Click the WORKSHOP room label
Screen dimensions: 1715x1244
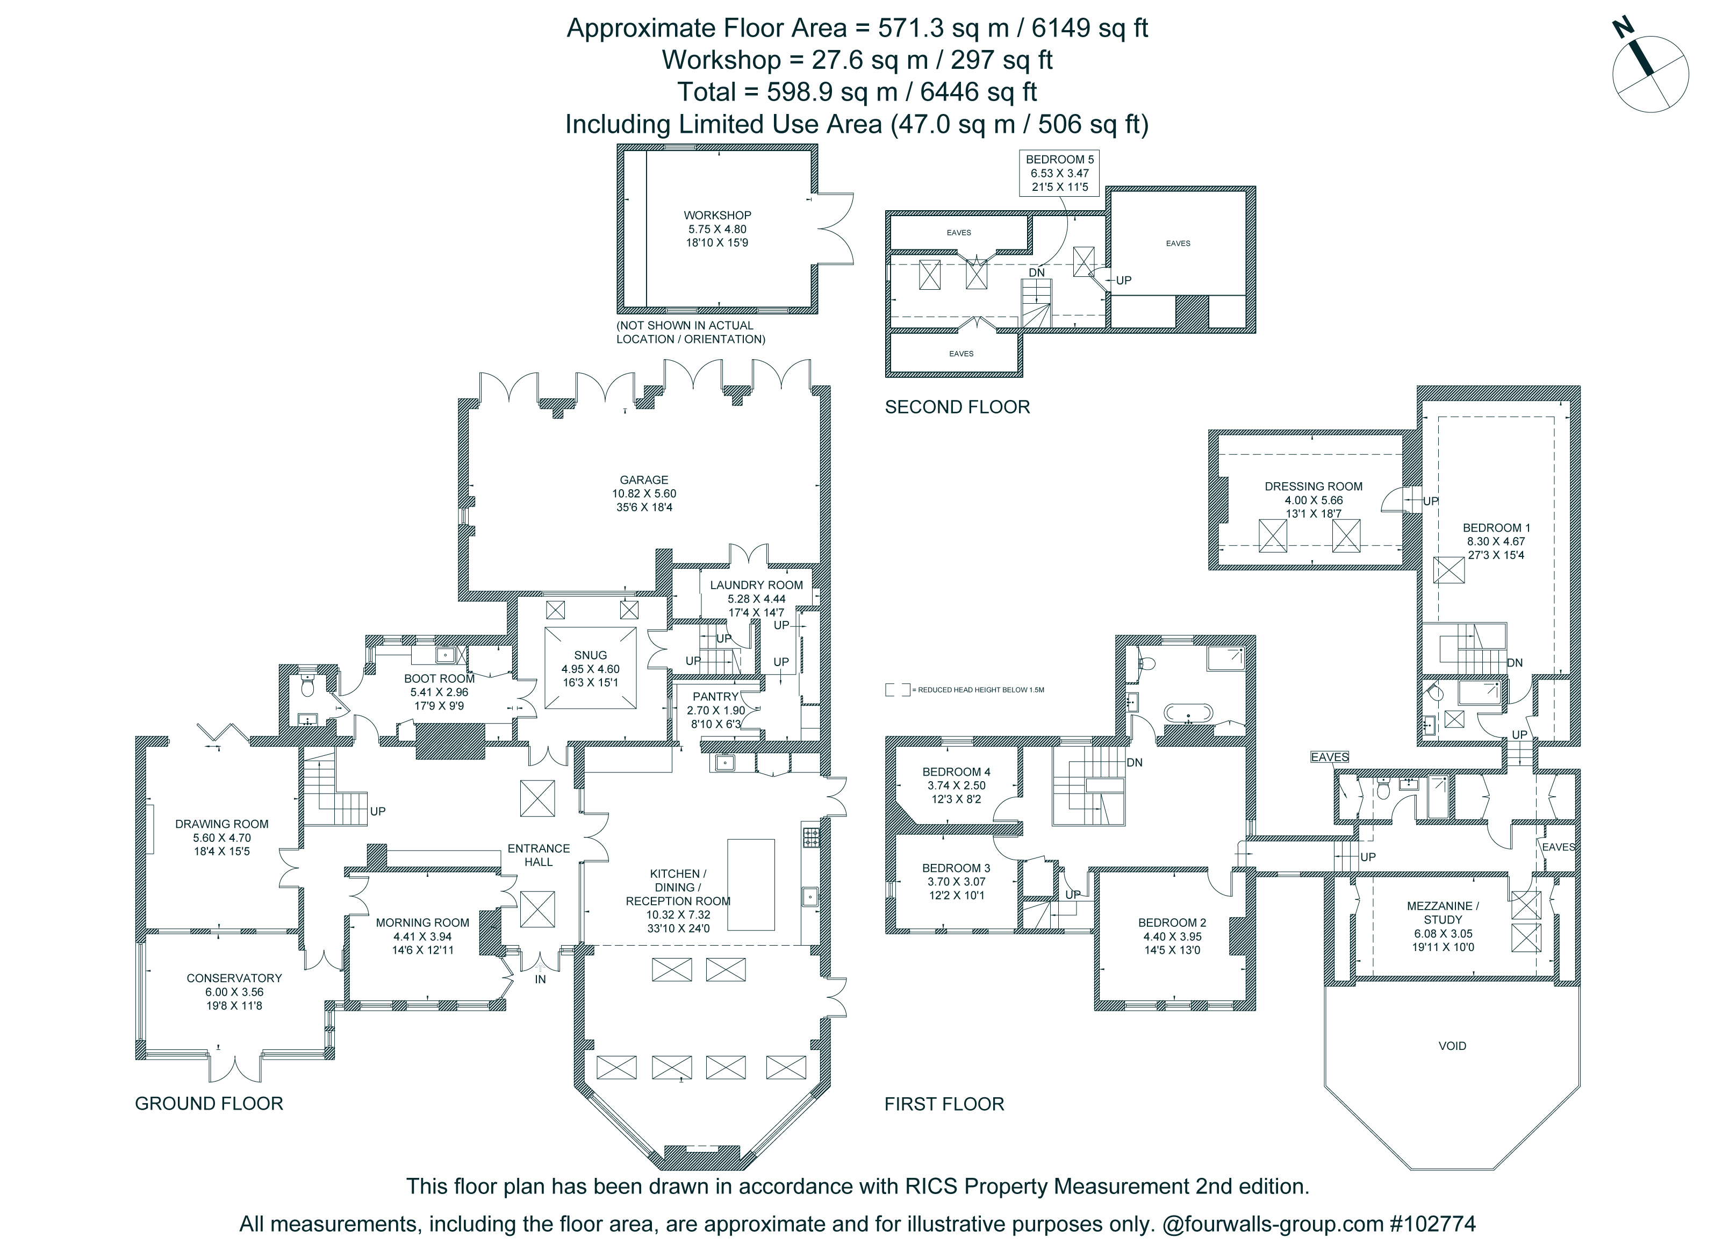[x=717, y=216]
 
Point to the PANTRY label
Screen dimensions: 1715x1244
[x=715, y=697]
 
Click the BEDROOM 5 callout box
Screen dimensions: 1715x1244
[x=1059, y=173]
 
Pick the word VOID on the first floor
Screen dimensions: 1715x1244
[x=1452, y=1046]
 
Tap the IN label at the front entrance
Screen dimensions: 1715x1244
[x=540, y=980]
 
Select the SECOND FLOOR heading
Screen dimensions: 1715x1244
[x=957, y=407]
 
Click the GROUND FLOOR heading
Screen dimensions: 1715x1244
[x=209, y=1103]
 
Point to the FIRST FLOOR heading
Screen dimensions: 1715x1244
[x=944, y=1104]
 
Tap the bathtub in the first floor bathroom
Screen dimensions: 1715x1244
[x=1188, y=712]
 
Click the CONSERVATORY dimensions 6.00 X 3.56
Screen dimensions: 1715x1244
[x=234, y=992]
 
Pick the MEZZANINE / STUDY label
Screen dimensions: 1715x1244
[x=1443, y=913]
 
